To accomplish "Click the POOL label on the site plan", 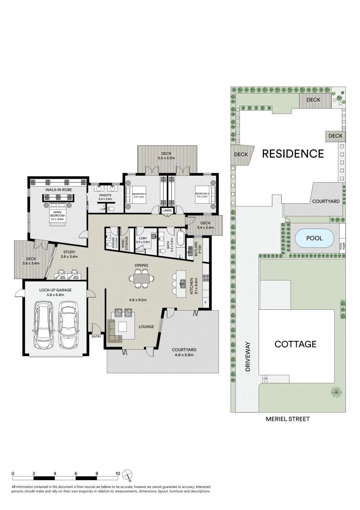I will pos(314,238).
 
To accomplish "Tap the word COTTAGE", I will pos(295,344).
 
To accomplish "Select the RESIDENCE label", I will pos(293,153).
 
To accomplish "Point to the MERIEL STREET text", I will pos(288,419).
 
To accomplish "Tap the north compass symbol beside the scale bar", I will pos(127,475).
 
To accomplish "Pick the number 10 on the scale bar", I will pos(117,473).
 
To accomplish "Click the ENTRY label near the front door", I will pos(96,337).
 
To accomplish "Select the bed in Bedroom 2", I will pos(205,194).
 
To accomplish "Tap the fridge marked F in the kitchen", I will pos(205,302).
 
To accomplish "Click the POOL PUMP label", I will pos(342,246).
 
